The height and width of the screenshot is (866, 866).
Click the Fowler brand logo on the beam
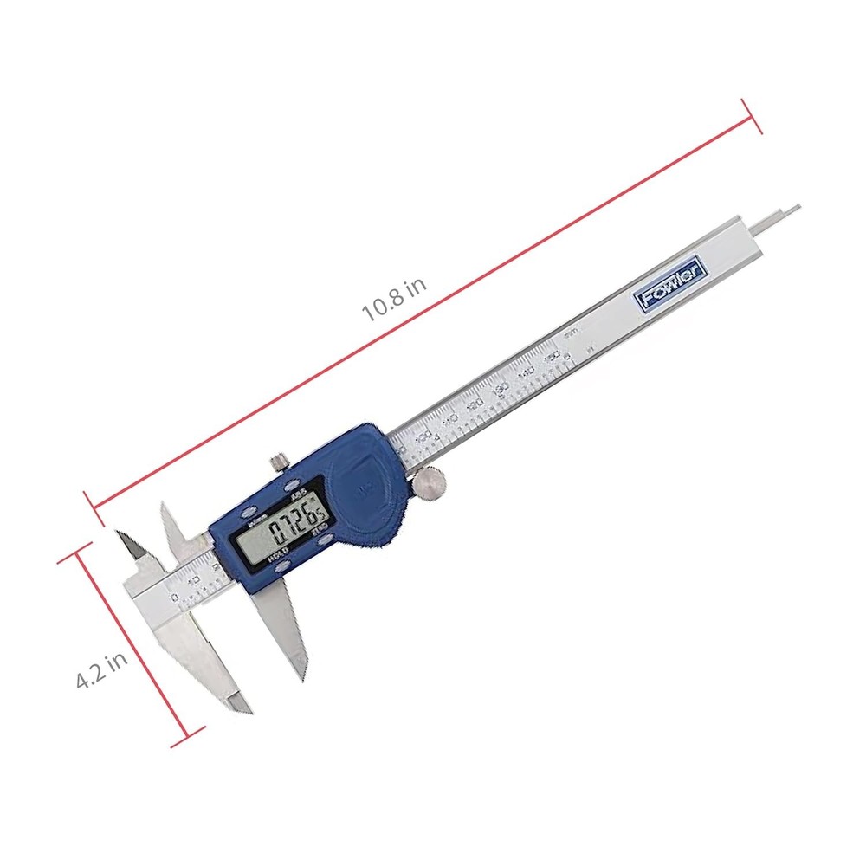673,287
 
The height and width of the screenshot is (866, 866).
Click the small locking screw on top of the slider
278,460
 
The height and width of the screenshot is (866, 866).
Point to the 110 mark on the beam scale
449,420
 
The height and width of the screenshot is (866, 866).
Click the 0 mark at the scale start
174,598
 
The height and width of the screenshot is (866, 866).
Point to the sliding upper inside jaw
177,528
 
